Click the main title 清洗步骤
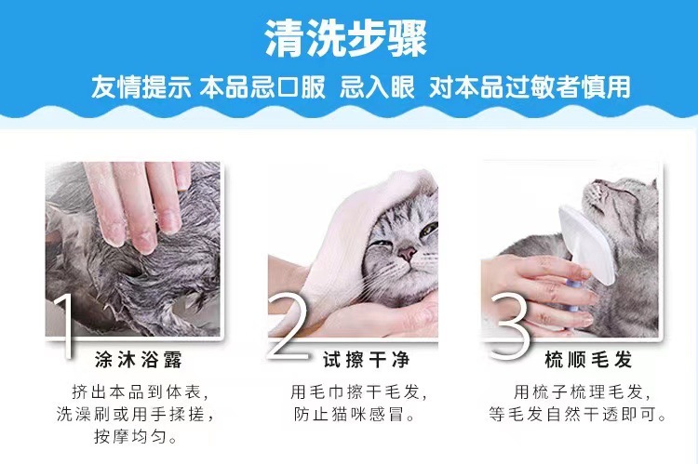pyautogui.click(x=346, y=38)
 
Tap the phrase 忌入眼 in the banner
pyautogui.click(x=377, y=86)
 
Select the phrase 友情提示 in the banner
pyautogui.click(x=141, y=86)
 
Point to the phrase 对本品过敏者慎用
pyautogui.click(x=530, y=86)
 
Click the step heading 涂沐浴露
pyautogui.click(x=139, y=360)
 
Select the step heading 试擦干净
pyautogui.click(x=367, y=360)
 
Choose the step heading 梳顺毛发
pyautogui.click(x=588, y=360)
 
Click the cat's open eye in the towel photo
pyautogui.click(x=429, y=228)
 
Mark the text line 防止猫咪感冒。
pyautogui.click(x=355, y=415)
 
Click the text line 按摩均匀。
pyautogui.click(x=136, y=436)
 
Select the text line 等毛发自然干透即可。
pyautogui.click(x=578, y=415)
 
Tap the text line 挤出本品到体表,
pyautogui.click(x=140, y=392)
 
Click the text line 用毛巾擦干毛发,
pyautogui.click(x=359, y=392)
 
